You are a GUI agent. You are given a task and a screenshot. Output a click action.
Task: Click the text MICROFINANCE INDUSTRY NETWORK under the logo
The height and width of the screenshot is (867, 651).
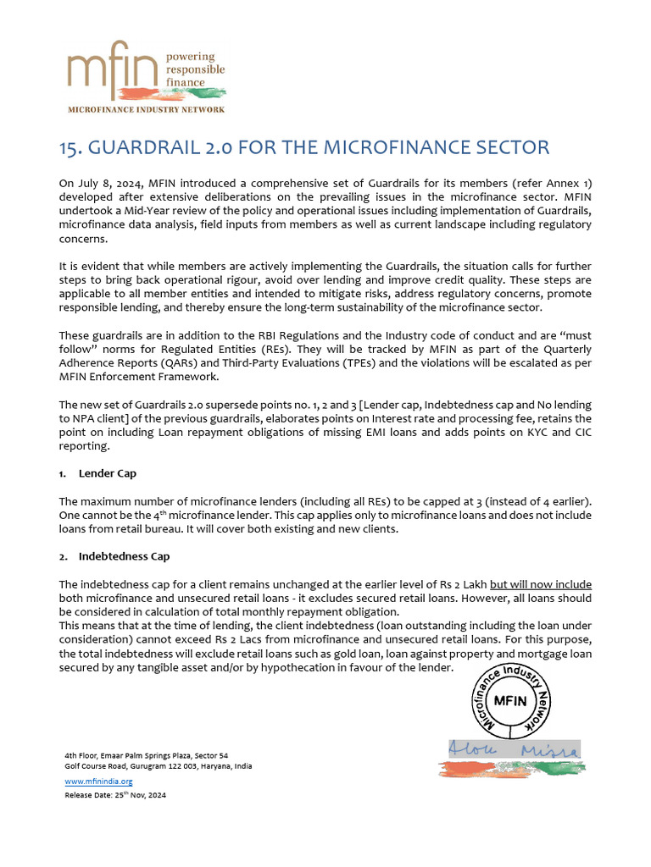[147, 110]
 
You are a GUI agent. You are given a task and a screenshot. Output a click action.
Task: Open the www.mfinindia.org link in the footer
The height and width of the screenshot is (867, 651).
[99, 781]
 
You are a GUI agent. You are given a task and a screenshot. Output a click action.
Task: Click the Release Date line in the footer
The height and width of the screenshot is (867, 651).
[115, 796]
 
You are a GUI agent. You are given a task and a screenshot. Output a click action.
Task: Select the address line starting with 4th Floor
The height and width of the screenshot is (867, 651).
[147, 755]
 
